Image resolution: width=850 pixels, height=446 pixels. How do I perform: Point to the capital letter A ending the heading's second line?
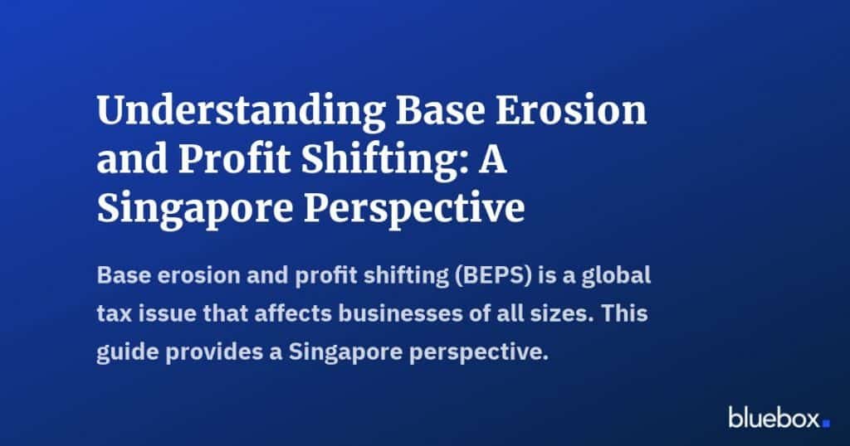point(492,160)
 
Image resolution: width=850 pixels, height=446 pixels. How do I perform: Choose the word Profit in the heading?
point(236,160)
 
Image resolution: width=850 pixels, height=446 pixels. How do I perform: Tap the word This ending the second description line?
point(624,313)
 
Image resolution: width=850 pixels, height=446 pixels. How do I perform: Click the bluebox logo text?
point(774,417)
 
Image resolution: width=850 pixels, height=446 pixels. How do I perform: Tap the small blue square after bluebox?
point(826,424)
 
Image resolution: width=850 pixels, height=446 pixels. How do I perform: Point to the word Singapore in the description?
point(344,353)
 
